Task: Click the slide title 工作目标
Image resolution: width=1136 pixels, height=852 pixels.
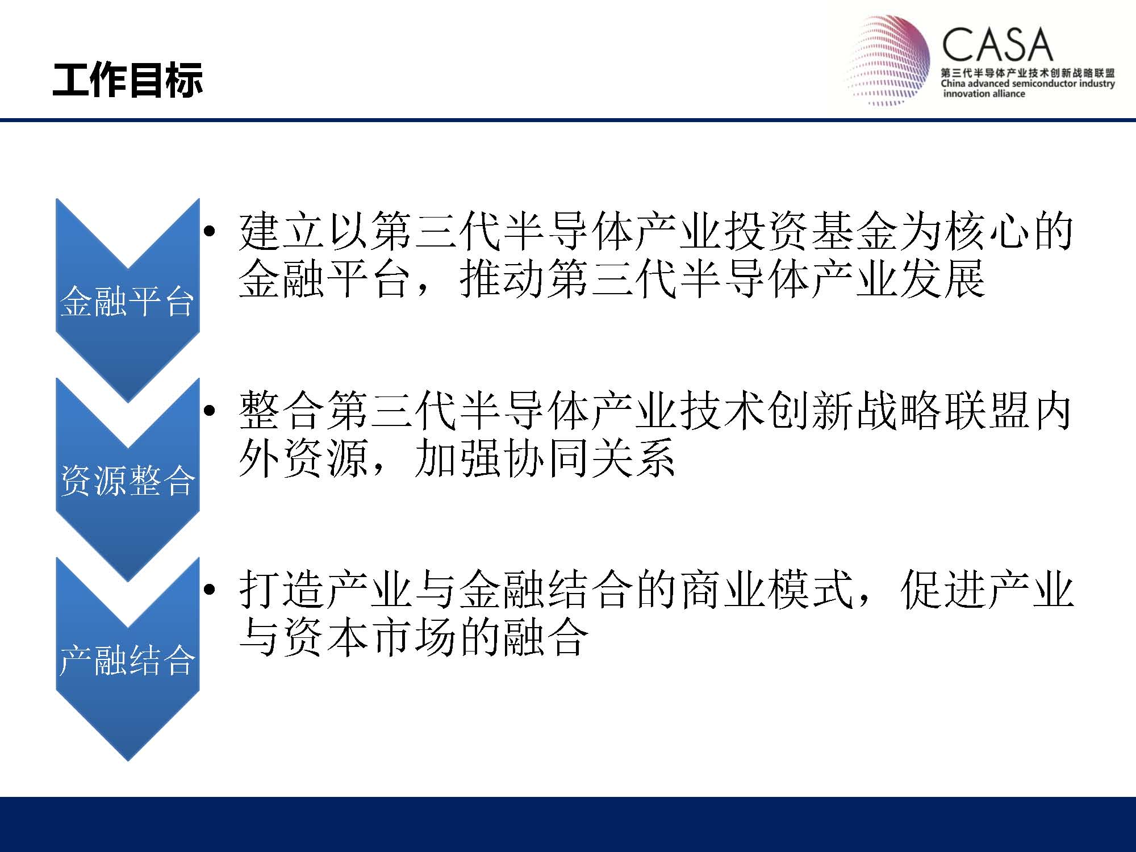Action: pyautogui.click(x=127, y=80)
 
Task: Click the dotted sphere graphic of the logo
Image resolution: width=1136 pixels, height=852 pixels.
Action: pyautogui.click(x=889, y=60)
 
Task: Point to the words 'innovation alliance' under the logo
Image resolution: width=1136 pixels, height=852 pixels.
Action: pyautogui.click(x=984, y=94)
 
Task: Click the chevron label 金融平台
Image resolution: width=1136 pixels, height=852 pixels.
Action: pyautogui.click(x=127, y=300)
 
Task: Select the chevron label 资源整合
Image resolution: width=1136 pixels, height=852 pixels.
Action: pyautogui.click(x=127, y=481)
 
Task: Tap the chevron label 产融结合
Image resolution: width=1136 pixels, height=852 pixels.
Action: pyautogui.click(x=127, y=660)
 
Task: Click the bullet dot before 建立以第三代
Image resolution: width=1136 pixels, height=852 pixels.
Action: pyautogui.click(x=210, y=231)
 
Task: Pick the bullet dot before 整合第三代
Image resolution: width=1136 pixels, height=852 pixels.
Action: pyautogui.click(x=210, y=411)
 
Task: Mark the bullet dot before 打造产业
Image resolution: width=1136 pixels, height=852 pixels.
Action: pyautogui.click(x=210, y=590)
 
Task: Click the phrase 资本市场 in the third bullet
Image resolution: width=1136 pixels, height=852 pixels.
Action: pyautogui.click(x=370, y=638)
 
